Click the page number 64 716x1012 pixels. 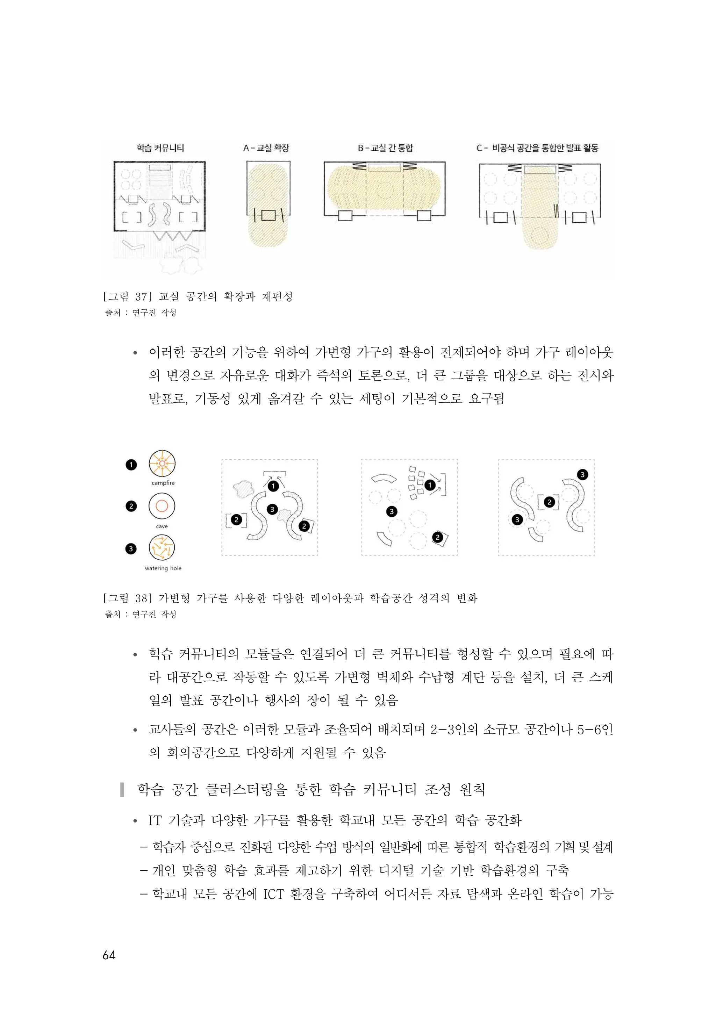click(109, 955)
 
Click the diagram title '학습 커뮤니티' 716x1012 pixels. click(160, 148)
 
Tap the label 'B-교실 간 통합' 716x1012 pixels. click(385, 148)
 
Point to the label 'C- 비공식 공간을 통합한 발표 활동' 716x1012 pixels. click(537, 148)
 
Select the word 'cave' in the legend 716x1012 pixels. click(162, 526)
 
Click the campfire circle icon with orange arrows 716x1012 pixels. click(162, 463)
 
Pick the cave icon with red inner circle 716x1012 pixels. click(162, 506)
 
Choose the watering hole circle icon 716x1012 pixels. click(162, 547)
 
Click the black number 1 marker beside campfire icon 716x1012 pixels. click(131, 465)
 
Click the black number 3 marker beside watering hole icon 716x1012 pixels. click(131, 549)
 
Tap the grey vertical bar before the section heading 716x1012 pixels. click(122, 789)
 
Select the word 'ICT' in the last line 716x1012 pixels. click(273, 894)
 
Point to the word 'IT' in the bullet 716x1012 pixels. click(155, 820)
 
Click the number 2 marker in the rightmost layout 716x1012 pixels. click(549, 502)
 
